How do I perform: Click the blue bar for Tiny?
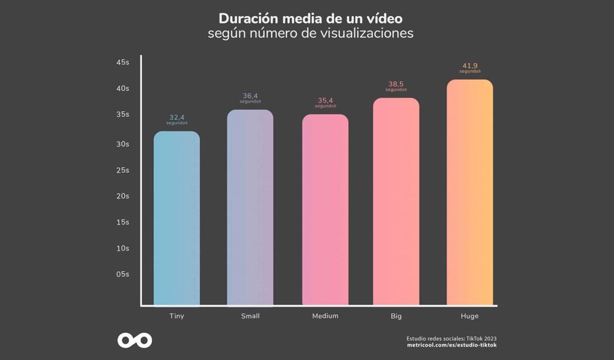point(176,219)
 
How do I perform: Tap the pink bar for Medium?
point(325,211)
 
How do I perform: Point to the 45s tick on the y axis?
point(122,62)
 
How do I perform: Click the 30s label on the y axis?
point(122,144)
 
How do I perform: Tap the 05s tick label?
point(122,274)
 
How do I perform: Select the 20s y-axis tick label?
point(122,196)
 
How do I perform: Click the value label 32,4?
point(177,117)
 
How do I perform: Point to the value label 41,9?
point(469,65)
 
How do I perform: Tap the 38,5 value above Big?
point(396,84)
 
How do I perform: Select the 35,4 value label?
point(325,100)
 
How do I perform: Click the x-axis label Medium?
point(325,316)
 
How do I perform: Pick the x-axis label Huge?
point(469,316)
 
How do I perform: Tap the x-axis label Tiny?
point(176,316)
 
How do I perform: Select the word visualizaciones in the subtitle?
point(368,33)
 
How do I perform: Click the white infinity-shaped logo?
point(134,340)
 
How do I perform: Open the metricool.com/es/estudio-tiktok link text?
point(452,345)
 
